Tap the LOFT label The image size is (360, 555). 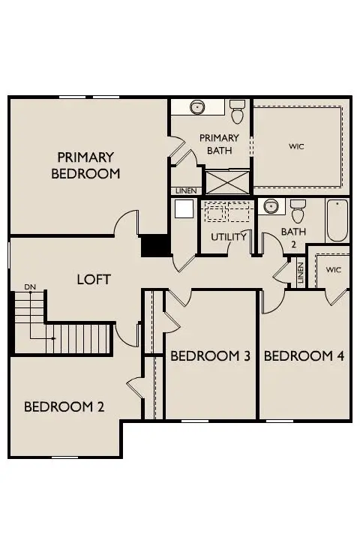coord(94,279)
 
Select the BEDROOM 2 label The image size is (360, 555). coord(64,407)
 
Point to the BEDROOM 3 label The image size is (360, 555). coord(210,355)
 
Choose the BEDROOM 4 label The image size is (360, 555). coord(304,355)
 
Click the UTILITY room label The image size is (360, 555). coord(229,237)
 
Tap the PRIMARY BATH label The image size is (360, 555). coord(219,144)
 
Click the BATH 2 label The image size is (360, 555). coord(293,237)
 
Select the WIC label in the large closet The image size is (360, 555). coord(297,146)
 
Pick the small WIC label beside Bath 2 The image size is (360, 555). coord(333,270)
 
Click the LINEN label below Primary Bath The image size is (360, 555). coord(185,191)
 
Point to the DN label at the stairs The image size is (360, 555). coord(30,286)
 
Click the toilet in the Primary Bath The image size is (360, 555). coord(238,111)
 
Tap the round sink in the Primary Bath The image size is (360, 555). coord(196,107)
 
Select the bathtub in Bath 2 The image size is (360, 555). coord(337,220)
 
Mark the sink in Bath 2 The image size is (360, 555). coord(269,206)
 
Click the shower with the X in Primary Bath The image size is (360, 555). coord(228,182)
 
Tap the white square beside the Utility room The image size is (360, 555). coord(184,208)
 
